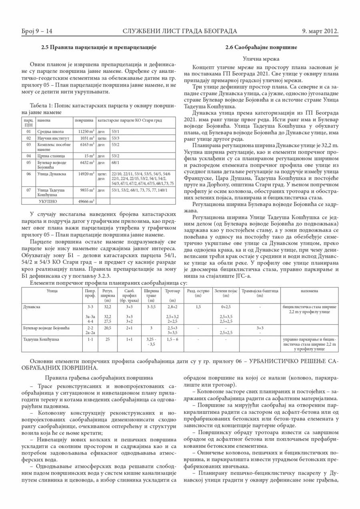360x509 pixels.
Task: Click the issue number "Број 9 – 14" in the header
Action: [x=37, y=31]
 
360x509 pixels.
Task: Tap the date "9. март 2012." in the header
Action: [x=321, y=31]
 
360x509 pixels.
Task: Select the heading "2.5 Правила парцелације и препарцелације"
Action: [x=99, y=47]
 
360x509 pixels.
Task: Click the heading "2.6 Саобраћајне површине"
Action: [x=261, y=47]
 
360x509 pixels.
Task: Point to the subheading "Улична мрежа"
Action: [x=261, y=59]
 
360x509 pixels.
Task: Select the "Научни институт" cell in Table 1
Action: [x=51, y=138]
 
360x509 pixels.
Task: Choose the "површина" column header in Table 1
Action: [x=84, y=120]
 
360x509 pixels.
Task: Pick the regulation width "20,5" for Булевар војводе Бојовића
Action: [x=107, y=328]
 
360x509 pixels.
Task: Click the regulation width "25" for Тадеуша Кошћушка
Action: [x=107, y=339]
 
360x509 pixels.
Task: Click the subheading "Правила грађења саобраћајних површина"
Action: [x=98, y=377]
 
